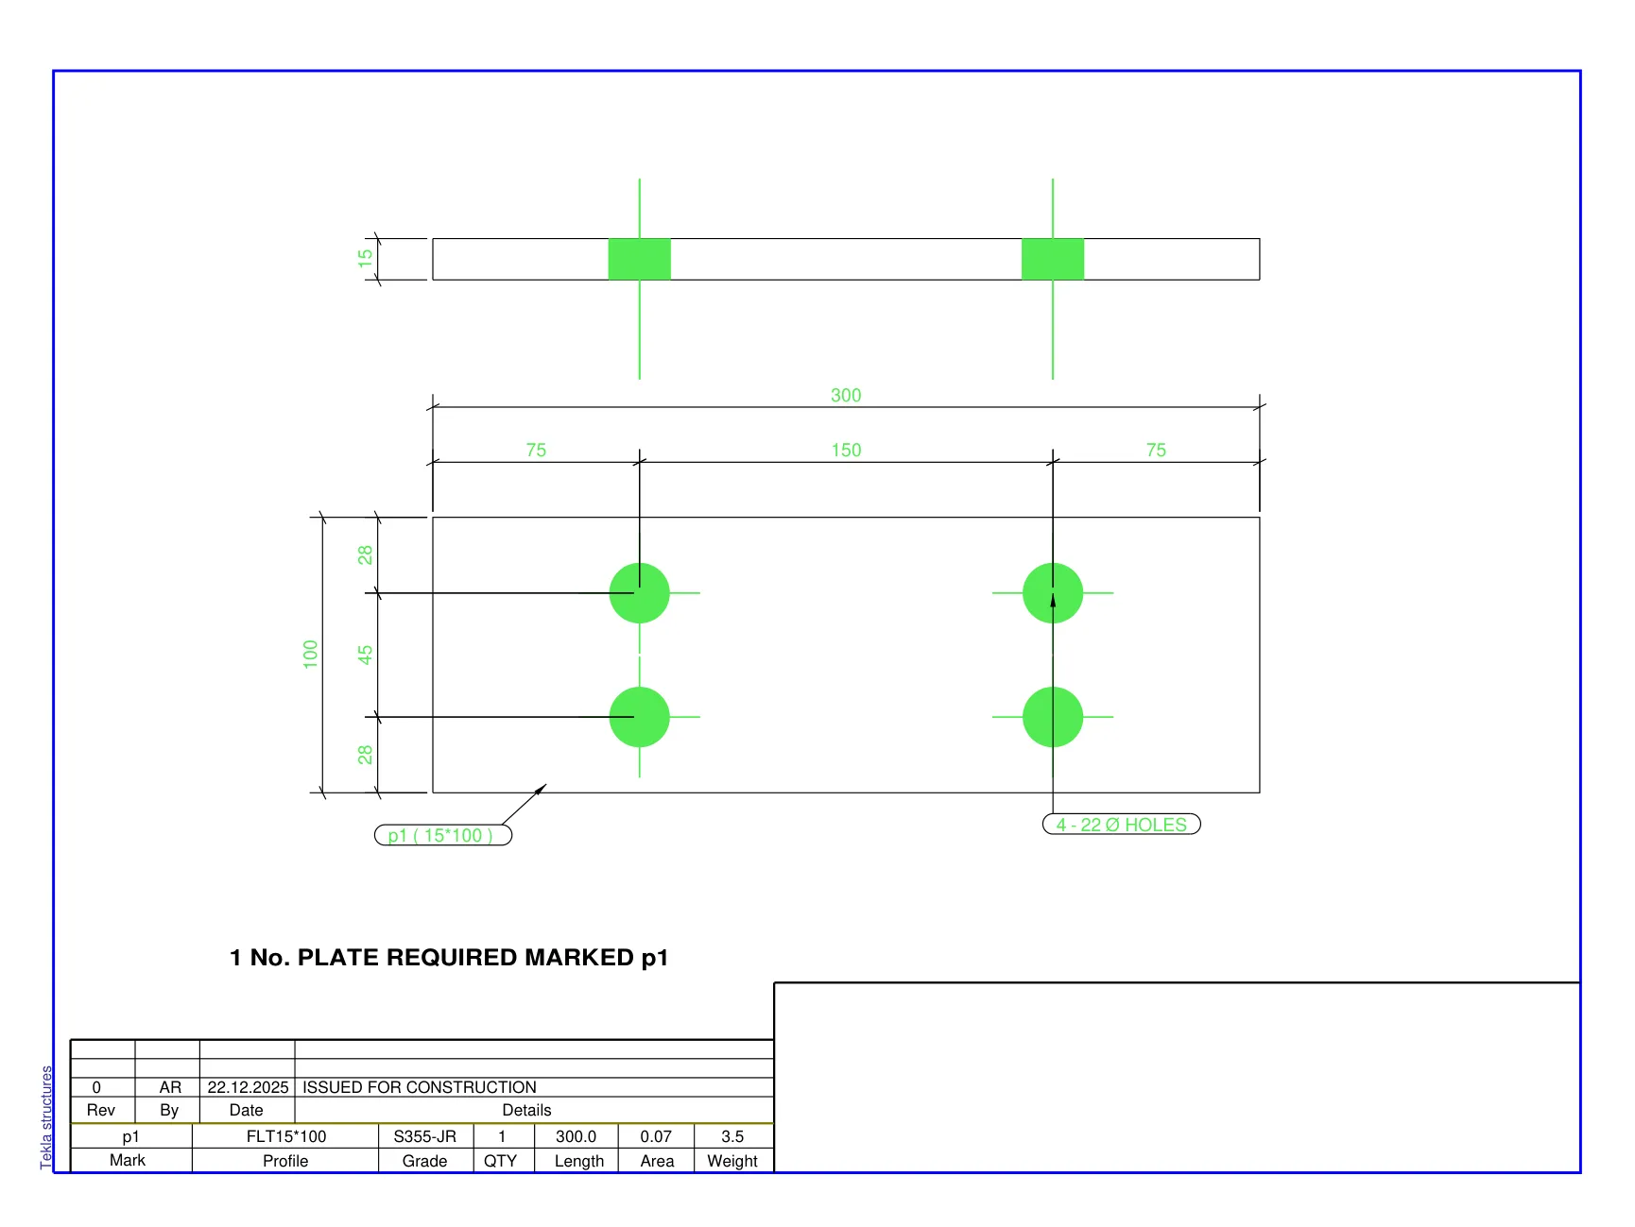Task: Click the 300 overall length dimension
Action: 846,395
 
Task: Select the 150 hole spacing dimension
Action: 846,450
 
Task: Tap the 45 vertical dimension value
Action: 366,654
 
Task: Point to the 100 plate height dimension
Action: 311,654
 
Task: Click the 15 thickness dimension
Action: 366,258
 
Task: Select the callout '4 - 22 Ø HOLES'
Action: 1121,825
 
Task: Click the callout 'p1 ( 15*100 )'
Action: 442,835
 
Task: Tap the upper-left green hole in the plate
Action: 640,593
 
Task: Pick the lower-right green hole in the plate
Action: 1053,717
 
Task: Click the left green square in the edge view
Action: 640,259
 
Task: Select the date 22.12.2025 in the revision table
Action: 248,1087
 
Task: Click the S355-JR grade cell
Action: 425,1136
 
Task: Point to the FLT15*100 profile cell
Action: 286,1136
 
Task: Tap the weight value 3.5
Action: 732,1136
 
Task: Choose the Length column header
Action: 579,1161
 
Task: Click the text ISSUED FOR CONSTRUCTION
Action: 420,1087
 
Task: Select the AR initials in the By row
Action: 170,1087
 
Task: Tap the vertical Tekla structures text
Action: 46,1117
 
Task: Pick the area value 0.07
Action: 656,1136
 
